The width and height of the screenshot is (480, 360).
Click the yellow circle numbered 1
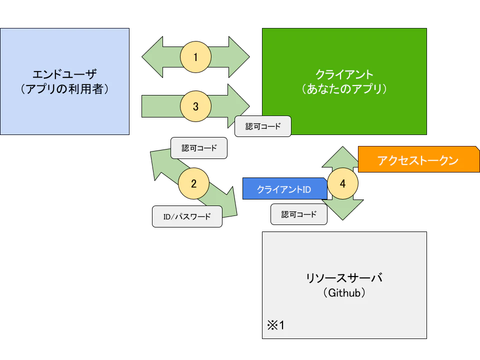click(x=195, y=57)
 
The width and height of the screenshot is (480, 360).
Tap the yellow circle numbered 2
click(x=193, y=183)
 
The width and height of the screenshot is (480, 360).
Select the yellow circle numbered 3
click(x=195, y=106)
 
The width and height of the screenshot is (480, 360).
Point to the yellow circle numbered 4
click(x=342, y=183)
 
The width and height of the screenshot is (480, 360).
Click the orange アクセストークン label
click(x=418, y=160)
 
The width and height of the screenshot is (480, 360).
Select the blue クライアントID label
click(x=284, y=189)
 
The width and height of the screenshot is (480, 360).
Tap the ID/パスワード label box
click(x=187, y=216)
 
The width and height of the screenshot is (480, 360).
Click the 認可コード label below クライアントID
click(x=299, y=214)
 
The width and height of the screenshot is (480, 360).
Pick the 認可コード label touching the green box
click(x=263, y=126)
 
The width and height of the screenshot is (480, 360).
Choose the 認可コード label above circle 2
click(x=199, y=148)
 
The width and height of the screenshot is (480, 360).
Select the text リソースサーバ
click(x=344, y=278)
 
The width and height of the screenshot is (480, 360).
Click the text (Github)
click(x=344, y=293)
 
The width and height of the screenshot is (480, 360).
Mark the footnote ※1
click(x=275, y=325)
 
